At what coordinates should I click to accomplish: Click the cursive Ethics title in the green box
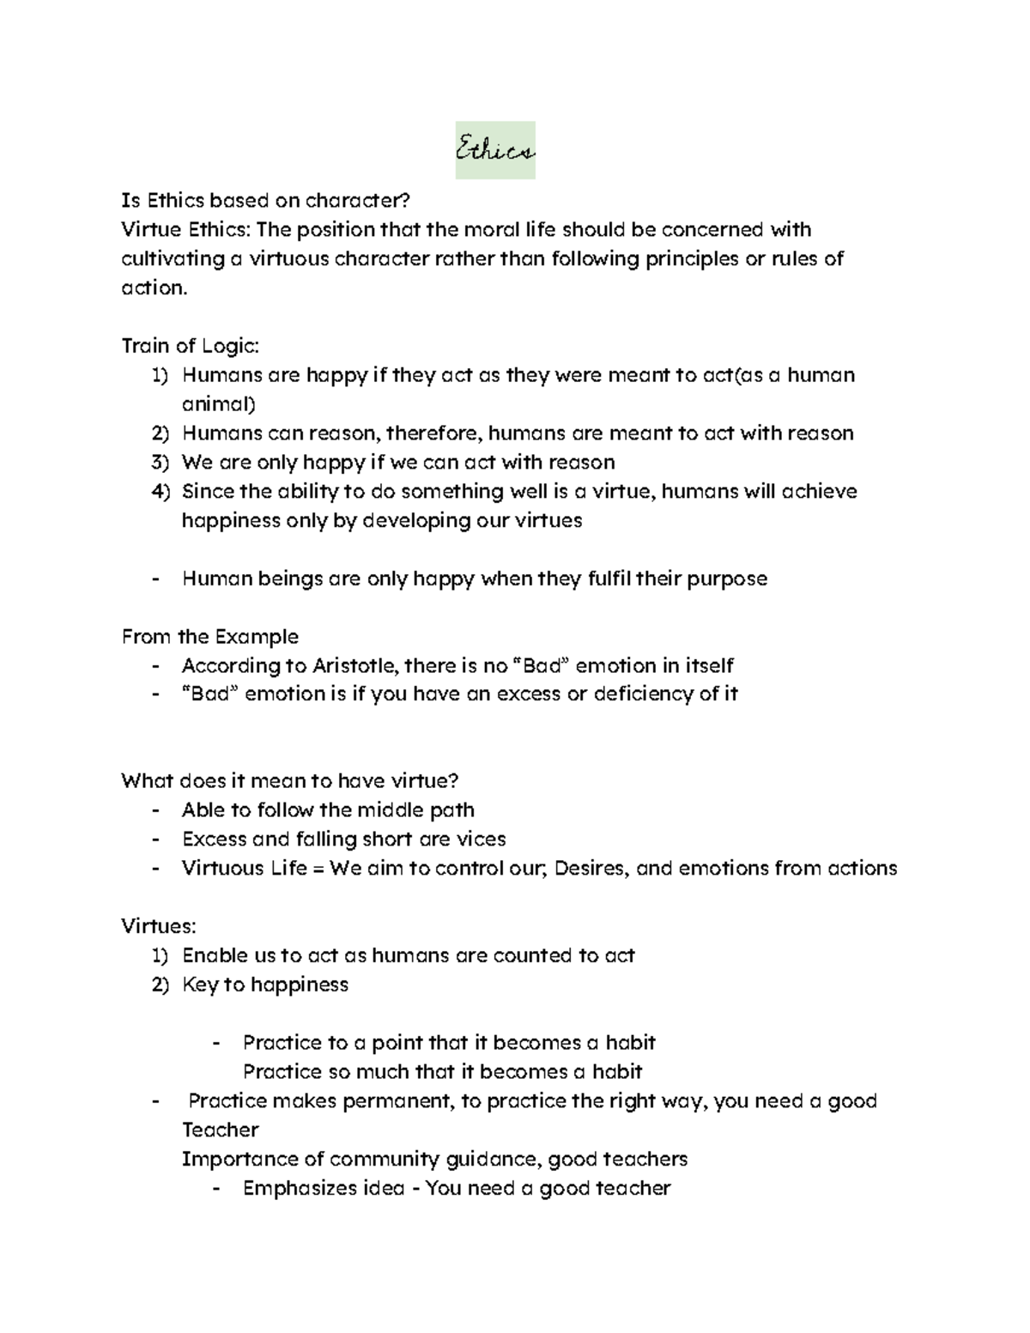[495, 151]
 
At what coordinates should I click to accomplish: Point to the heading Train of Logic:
[190, 346]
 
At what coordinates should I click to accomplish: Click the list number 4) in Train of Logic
[161, 491]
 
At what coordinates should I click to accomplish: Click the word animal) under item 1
[218, 403]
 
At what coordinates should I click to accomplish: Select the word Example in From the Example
[256, 636]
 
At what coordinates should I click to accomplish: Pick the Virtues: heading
[159, 926]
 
